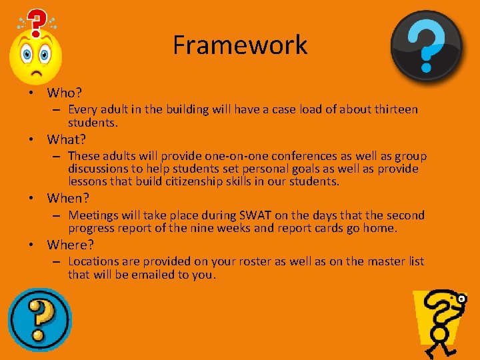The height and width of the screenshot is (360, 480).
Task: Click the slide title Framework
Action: [240, 45]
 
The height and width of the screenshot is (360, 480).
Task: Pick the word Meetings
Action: [94, 215]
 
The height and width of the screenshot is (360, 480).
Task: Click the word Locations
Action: [95, 261]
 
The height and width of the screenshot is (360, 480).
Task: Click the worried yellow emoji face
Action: [35, 58]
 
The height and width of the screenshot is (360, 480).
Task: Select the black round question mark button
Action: [426, 45]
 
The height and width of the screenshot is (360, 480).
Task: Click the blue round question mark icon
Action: [39, 319]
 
